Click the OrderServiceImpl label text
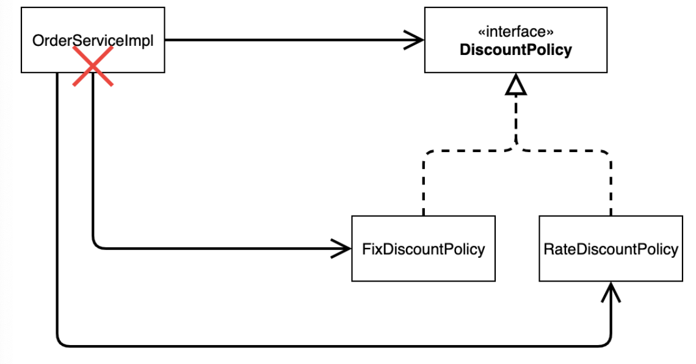93,40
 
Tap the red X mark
93,66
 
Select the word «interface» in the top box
515,32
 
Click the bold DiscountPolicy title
515,49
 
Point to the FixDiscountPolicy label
424,249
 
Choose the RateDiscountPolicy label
611,249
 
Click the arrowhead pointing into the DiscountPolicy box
414,40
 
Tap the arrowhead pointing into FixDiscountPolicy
341,249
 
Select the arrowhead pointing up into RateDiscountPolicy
611,292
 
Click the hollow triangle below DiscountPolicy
516,84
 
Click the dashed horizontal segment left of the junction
466,151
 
